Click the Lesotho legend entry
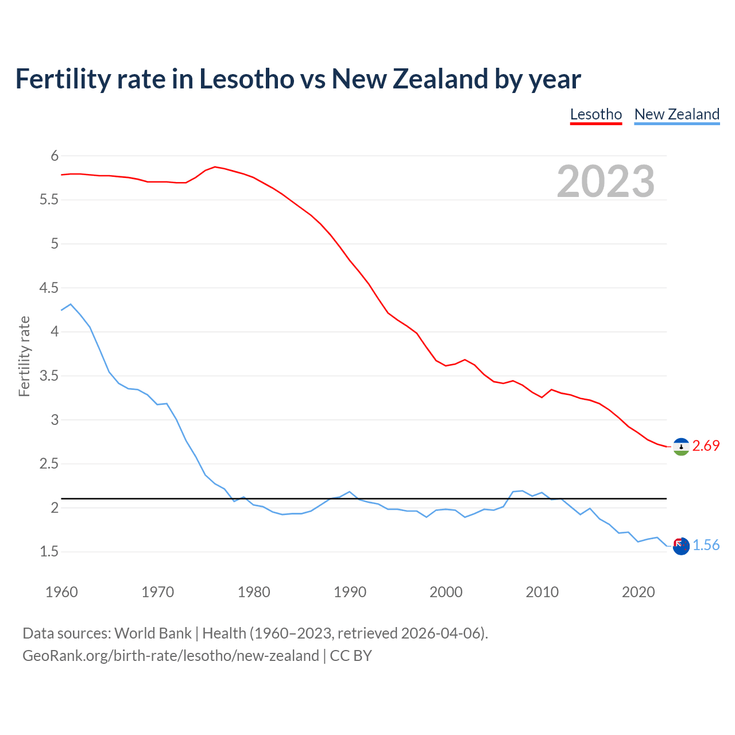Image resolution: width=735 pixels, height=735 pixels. point(595,114)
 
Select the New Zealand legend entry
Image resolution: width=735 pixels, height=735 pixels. point(676,114)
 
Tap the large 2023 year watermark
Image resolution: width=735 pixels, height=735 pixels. point(606,181)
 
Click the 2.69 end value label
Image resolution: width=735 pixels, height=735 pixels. point(706,446)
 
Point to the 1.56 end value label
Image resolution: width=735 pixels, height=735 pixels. point(706,546)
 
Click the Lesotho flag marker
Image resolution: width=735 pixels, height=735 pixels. point(681,447)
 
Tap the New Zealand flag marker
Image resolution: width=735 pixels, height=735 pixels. point(681,546)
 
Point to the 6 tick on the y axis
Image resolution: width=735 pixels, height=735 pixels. point(55,156)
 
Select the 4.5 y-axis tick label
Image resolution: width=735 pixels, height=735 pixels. point(49,288)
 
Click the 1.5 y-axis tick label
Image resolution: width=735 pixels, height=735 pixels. point(49,552)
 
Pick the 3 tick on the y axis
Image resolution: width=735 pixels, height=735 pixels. point(55,420)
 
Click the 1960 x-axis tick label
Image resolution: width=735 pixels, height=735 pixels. point(61,592)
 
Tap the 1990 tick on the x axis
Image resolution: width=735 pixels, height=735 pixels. point(350,592)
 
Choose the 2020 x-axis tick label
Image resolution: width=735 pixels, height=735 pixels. point(638,592)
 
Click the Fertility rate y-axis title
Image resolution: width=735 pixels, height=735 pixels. point(24,356)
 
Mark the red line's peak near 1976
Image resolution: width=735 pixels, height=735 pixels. point(215,167)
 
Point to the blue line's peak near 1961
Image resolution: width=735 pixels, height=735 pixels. point(71,304)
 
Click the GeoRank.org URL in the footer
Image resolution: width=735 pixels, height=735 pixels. point(171,656)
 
